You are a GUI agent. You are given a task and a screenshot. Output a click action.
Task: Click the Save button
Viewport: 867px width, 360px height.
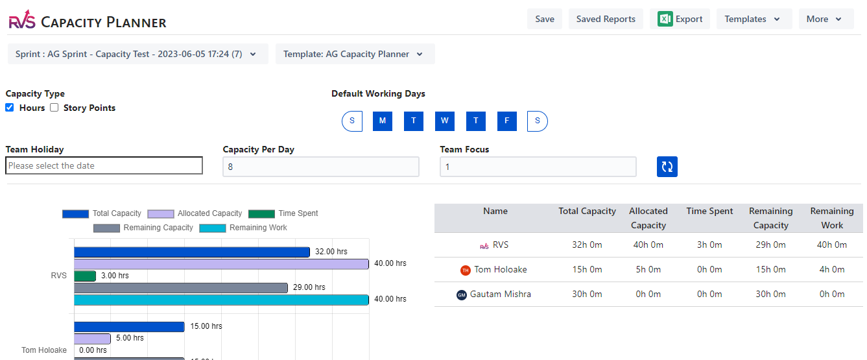(545, 19)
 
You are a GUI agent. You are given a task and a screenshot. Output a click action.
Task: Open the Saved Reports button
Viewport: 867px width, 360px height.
(606, 19)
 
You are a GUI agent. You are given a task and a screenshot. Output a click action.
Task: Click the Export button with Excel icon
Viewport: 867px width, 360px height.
(680, 19)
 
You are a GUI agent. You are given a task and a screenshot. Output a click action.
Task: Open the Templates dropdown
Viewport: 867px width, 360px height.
(754, 19)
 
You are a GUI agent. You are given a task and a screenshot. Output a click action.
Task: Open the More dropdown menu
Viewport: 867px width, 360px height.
(825, 19)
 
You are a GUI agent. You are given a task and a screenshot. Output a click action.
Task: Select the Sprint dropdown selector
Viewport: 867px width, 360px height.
(137, 54)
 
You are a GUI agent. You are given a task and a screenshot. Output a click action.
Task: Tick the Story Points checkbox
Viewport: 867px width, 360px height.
(54, 108)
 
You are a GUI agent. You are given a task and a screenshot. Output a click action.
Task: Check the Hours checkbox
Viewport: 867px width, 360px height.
(10, 108)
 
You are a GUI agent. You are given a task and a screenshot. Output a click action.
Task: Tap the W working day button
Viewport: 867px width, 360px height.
(445, 121)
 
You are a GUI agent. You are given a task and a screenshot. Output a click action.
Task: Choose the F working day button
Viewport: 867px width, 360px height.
(507, 121)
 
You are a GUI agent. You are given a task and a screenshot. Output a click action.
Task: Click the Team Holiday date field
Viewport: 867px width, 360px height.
(104, 166)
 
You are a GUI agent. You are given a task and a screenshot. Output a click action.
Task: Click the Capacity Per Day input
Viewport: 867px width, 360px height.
(320, 167)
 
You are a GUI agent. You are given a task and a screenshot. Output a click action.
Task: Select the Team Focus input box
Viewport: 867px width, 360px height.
(538, 167)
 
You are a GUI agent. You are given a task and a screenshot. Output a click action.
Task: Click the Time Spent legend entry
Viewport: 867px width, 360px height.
(283, 213)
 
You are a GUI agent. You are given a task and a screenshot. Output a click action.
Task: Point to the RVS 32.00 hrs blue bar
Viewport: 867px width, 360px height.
(191, 252)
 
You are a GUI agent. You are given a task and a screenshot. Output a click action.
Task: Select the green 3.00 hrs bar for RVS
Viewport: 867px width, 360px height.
(85, 276)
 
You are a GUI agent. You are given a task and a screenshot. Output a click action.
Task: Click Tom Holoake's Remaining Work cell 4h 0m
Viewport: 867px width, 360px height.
(832, 269)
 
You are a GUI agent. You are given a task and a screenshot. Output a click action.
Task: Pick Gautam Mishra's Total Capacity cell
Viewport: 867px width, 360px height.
(587, 294)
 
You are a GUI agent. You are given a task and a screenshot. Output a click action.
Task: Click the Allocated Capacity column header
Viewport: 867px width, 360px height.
(648, 218)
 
